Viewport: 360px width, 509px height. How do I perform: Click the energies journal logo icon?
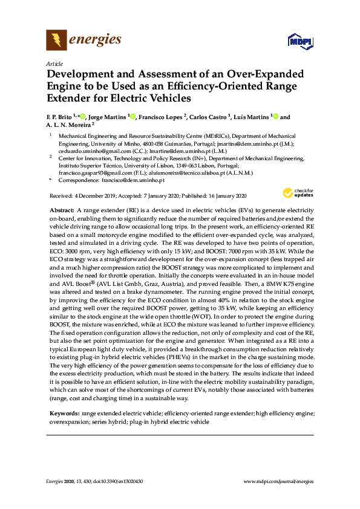pos(56,41)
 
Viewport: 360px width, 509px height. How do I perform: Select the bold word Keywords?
pos(65,413)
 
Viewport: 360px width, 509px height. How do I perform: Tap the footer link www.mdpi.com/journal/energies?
pos(278,481)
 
